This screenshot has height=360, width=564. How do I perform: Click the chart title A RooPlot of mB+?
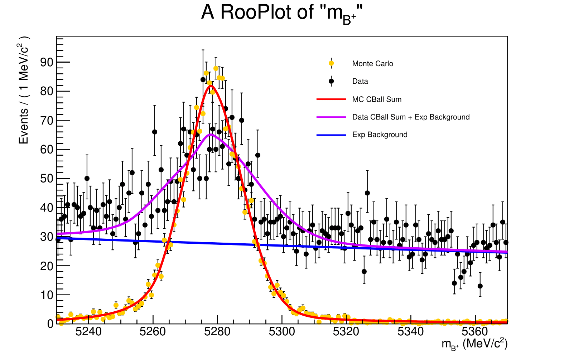(x=282, y=13)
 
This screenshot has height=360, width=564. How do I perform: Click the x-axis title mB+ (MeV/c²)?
(x=474, y=344)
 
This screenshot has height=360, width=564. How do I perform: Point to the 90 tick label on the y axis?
(x=47, y=62)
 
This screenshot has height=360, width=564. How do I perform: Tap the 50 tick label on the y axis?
(x=47, y=179)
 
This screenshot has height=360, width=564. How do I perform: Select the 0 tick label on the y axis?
(x=50, y=324)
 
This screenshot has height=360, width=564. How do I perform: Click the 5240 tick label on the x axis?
(x=88, y=332)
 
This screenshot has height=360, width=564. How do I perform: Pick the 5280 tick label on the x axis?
(x=217, y=332)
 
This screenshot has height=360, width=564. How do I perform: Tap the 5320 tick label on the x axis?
(x=346, y=332)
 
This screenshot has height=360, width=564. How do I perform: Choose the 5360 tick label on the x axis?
(x=475, y=332)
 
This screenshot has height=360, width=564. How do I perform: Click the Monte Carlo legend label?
(x=372, y=64)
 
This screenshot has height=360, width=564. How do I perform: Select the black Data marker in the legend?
(x=331, y=81)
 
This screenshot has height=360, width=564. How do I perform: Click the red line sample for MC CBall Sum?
(x=331, y=99)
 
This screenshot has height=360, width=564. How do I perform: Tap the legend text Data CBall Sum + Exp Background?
(x=411, y=117)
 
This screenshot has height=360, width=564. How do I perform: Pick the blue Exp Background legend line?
(x=331, y=135)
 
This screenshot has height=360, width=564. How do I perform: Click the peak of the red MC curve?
(x=211, y=85)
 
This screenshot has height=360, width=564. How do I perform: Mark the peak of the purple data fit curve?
(x=211, y=135)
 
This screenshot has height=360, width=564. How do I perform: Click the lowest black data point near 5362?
(x=480, y=286)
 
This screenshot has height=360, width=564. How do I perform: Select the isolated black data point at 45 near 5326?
(x=367, y=193)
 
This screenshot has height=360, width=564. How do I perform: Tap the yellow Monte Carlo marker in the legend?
(x=331, y=63)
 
